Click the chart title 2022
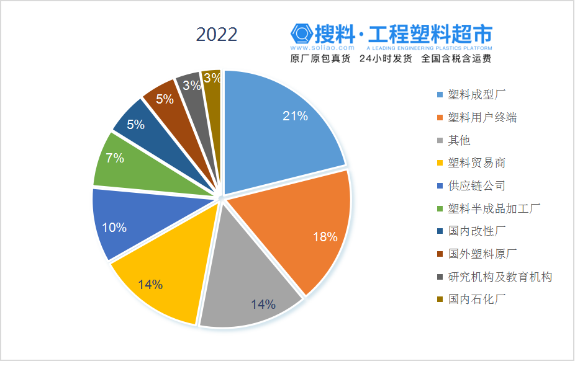point(217,35)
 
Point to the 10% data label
point(114,228)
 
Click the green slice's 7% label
point(114,158)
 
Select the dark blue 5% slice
point(140,127)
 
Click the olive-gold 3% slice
point(212,81)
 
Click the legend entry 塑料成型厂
point(478,95)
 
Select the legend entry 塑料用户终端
point(482,118)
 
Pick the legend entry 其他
point(459,141)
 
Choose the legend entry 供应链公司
point(476,185)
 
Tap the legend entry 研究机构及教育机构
point(500,277)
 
